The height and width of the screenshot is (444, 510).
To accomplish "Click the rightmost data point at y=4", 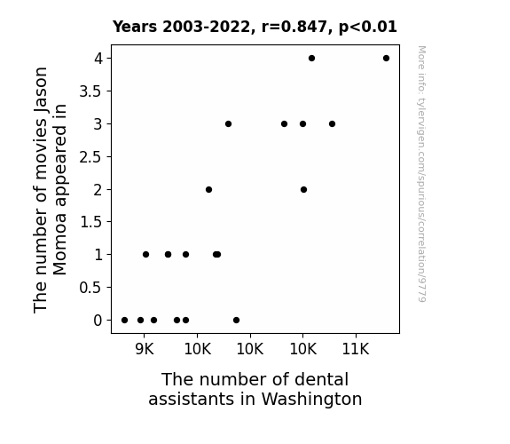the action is tap(386, 59).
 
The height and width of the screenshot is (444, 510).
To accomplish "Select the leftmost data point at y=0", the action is tap(124, 321).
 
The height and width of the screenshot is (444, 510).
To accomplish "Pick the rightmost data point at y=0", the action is tap(237, 321).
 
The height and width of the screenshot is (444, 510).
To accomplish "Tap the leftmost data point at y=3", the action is tap(228, 123).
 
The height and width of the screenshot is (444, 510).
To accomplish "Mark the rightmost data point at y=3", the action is tap(332, 123).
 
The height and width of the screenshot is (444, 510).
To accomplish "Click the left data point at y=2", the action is tap(208, 189).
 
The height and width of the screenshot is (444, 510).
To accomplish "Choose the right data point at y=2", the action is tap(304, 189).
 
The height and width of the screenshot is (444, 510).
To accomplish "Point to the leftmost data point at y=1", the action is tap(146, 255).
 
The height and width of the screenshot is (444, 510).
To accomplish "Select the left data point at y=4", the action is tap(311, 59).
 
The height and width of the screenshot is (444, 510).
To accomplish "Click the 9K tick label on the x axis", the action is tap(144, 349).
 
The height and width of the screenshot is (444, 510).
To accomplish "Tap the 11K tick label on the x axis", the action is tap(356, 349).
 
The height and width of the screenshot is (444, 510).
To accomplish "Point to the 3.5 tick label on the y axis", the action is tap(90, 91).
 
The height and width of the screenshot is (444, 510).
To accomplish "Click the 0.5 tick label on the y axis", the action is tap(90, 288).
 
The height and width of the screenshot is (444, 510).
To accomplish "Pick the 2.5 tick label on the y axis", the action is tap(90, 157).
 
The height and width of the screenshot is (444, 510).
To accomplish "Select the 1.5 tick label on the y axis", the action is tap(90, 222).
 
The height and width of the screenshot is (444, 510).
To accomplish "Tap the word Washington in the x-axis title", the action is tap(311, 400).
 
